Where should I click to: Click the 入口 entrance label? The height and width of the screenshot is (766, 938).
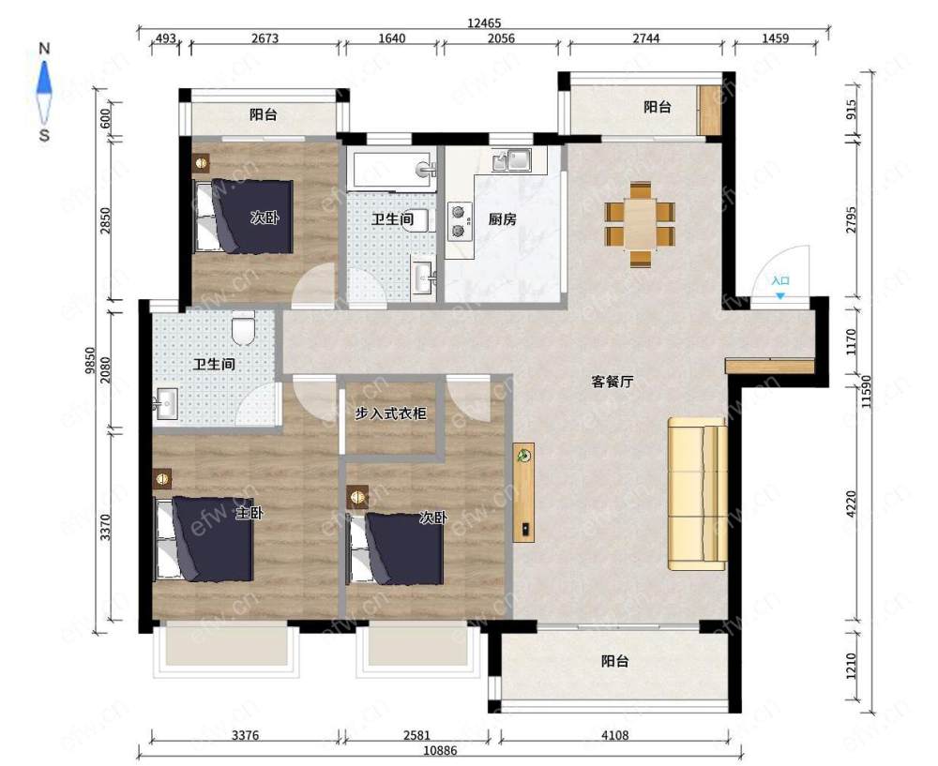coord(780,280)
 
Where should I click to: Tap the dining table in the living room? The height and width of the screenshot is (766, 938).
coord(640,225)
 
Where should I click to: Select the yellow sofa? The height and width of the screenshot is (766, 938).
coord(698,494)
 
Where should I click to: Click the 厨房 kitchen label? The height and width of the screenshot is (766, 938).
coord(502,219)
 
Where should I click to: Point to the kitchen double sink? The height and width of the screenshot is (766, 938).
coord(511,160)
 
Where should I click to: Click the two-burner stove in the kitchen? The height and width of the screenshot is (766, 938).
coord(459,221)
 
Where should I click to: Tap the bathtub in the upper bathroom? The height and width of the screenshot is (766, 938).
coord(392,171)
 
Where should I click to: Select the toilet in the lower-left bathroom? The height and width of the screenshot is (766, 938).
coord(243,326)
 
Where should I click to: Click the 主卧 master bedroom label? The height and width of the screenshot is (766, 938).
coord(249,513)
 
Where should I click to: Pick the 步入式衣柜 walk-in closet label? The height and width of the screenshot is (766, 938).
coord(390,413)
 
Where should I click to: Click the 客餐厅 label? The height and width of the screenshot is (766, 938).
coord(612,382)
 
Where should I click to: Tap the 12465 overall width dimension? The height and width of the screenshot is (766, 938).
coord(484,23)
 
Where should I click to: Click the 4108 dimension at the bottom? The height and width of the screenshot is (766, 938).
coord(614,735)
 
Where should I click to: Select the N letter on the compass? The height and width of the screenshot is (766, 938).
coord(44,49)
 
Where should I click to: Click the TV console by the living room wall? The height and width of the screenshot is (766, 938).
coord(523,492)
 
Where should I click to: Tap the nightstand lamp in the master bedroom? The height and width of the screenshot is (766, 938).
coord(162,478)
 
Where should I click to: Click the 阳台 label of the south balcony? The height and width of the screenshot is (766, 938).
coord(615,661)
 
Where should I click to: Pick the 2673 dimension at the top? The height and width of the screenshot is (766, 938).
coord(265,38)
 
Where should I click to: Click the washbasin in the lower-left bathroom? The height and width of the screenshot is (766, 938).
coord(165,404)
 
